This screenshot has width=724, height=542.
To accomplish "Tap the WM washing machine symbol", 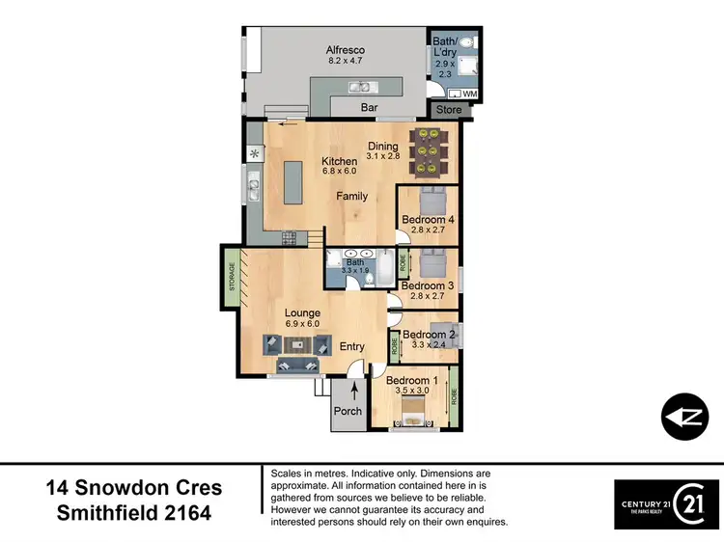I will point(469,93).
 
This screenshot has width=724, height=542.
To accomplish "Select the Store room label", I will point(448,110).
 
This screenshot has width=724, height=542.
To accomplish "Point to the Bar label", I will point(369,108).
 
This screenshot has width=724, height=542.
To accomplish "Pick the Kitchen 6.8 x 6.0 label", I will point(339,166).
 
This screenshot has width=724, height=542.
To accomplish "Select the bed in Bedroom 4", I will point(430,203).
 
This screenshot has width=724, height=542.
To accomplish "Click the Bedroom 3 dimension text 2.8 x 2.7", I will point(427,298).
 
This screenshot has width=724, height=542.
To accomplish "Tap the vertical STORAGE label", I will point(232,278).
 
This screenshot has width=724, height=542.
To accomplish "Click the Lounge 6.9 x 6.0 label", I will point(301,318).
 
